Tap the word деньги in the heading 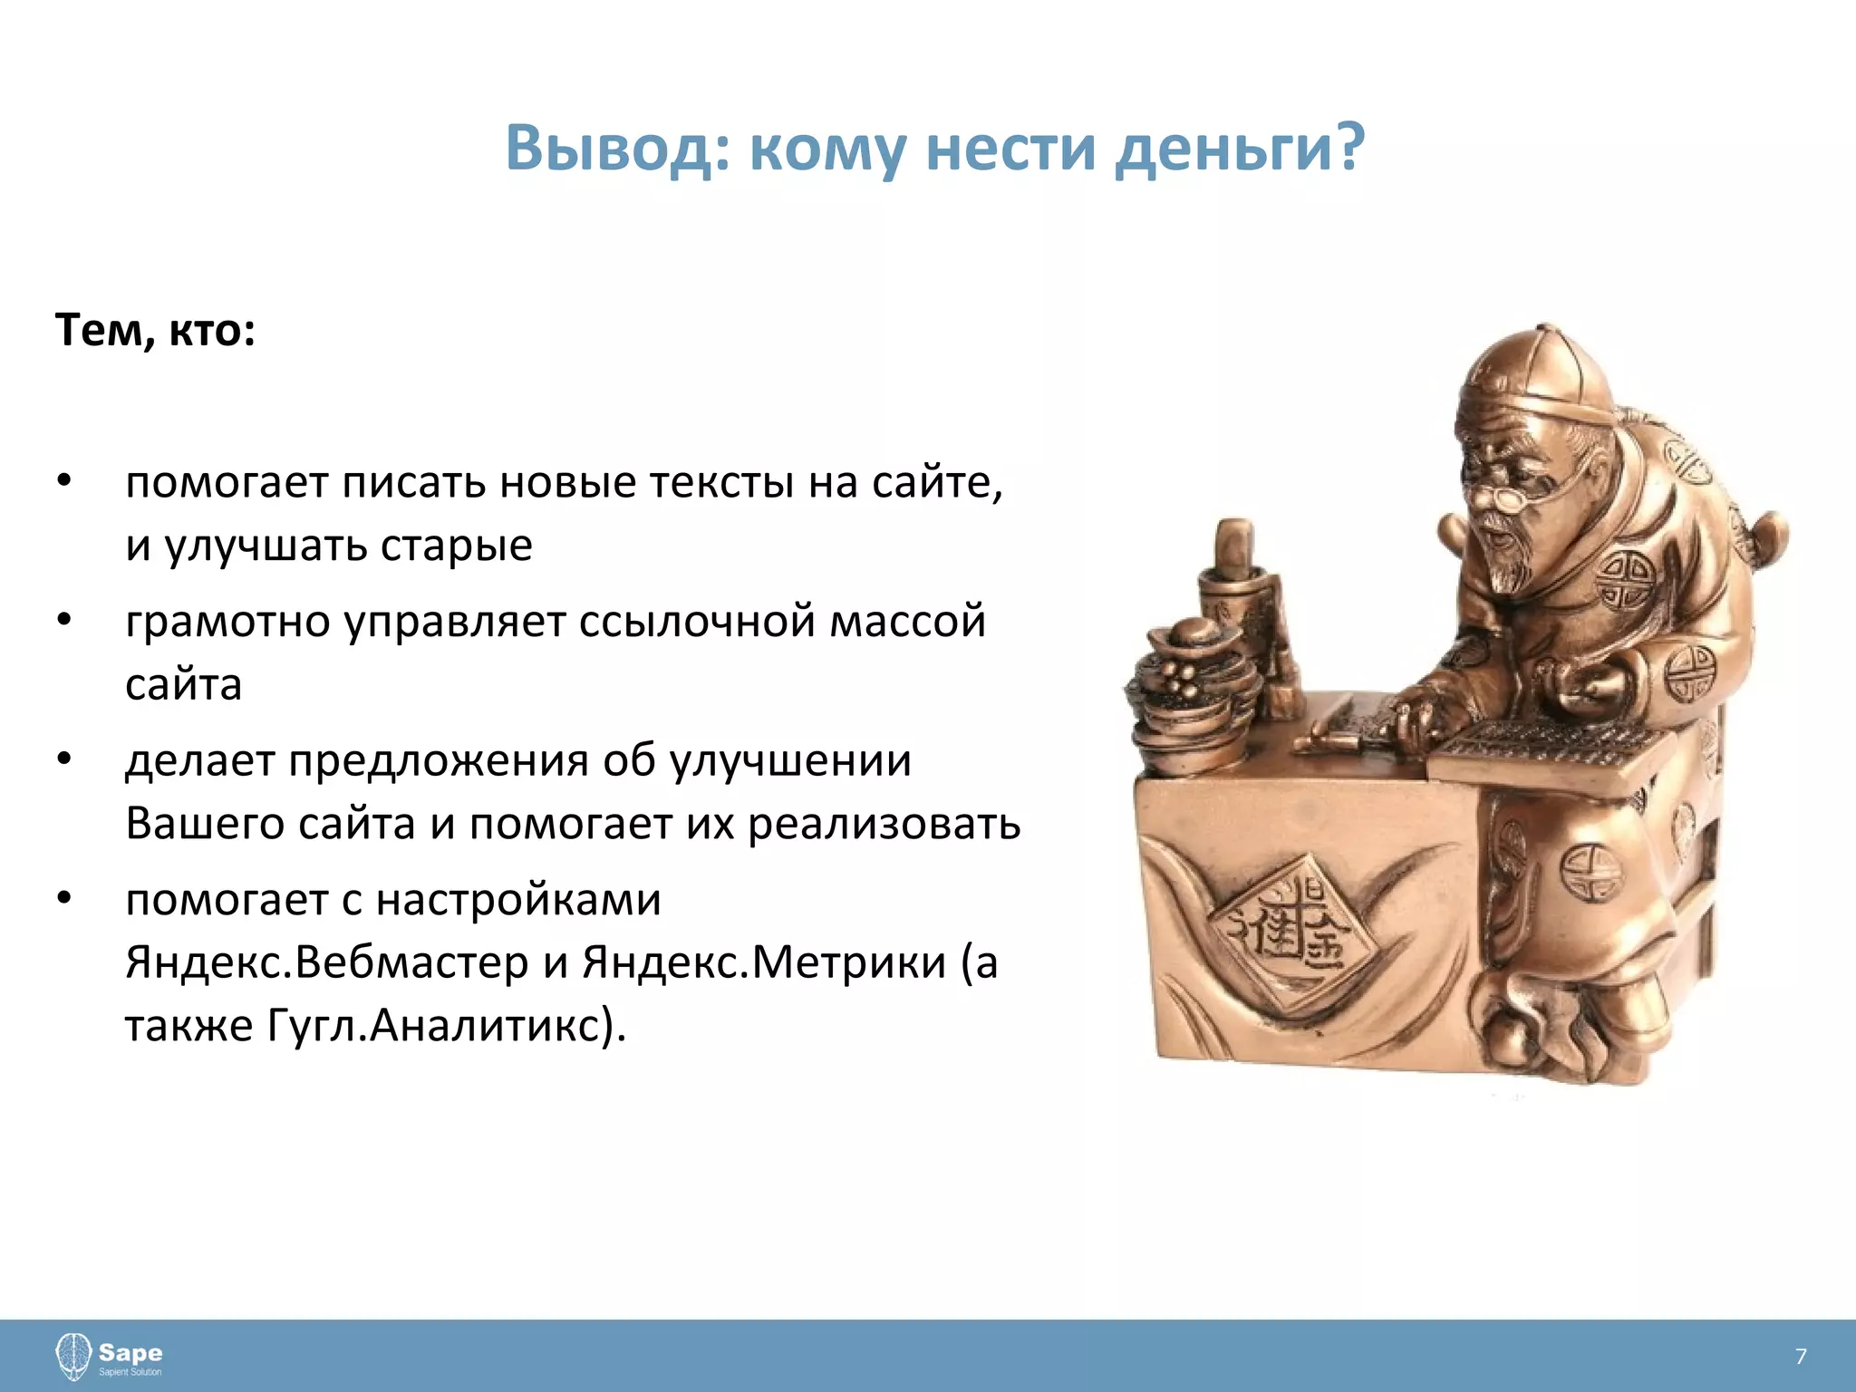click(x=1237, y=148)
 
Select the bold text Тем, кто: click(x=155, y=331)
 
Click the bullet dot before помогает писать click(x=63, y=481)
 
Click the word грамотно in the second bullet click(x=227, y=623)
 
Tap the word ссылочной click(x=696, y=623)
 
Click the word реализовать click(x=884, y=824)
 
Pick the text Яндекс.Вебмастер click(x=326, y=962)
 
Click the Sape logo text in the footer click(x=130, y=1354)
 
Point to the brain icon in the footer click(x=73, y=1357)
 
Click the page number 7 click(x=1800, y=1357)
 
